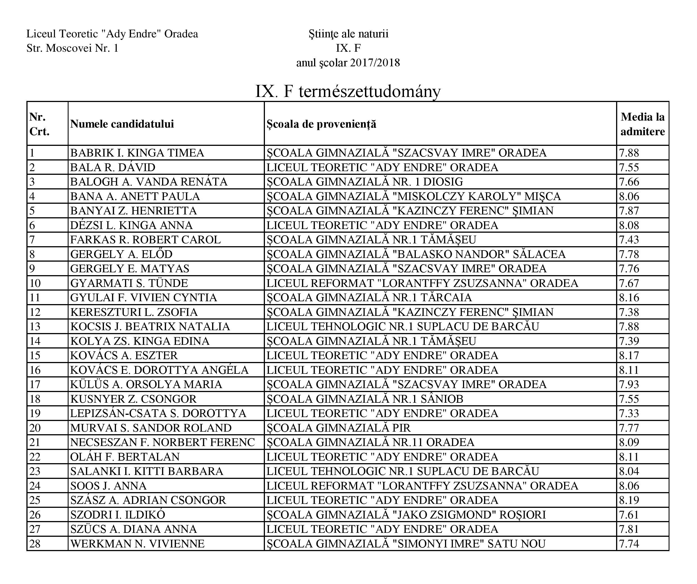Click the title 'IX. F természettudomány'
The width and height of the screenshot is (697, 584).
pyautogui.click(x=348, y=91)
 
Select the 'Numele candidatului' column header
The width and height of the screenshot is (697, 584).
pyautogui.click(x=122, y=124)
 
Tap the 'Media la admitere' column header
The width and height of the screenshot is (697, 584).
pyautogui.click(x=642, y=124)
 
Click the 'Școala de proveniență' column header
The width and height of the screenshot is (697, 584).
pyautogui.click(x=321, y=124)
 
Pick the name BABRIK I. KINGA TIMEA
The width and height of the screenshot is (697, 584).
pyautogui.click(x=137, y=153)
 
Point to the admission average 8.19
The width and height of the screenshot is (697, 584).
pyautogui.click(x=629, y=500)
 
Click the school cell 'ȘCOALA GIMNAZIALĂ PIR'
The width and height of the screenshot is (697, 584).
pyautogui.click(x=339, y=428)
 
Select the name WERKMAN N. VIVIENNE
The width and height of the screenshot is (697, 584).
pyautogui.click(x=137, y=544)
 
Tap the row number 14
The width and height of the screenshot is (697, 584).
pyautogui.click(x=35, y=341)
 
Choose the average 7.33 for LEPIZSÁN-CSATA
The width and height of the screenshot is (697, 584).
pyautogui.click(x=629, y=413)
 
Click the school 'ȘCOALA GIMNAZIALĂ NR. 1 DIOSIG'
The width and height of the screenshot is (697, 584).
pyautogui.click(x=364, y=182)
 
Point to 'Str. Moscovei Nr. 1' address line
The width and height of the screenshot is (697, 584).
pyautogui.click(x=72, y=48)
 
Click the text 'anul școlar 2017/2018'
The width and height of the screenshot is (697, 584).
pyautogui.click(x=348, y=63)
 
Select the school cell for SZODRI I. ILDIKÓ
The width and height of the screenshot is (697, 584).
pyautogui.click(x=406, y=515)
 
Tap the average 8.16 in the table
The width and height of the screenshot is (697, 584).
pyautogui.click(x=629, y=297)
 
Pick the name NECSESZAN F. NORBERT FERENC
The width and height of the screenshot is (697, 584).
pyautogui.click(x=162, y=442)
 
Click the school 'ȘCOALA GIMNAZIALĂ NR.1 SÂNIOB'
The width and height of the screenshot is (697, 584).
pyautogui.click(x=365, y=399)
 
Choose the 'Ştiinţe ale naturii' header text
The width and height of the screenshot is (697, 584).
pyautogui.click(x=348, y=34)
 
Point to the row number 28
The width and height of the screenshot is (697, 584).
pyautogui.click(x=35, y=544)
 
